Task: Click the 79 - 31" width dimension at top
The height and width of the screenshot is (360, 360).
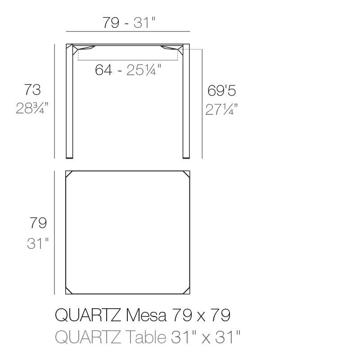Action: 129,22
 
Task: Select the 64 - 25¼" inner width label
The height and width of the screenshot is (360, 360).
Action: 128,70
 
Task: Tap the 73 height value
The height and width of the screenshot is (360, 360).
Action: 32,90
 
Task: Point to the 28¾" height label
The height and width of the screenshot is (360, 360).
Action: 32,108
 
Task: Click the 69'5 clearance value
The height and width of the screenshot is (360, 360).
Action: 221,90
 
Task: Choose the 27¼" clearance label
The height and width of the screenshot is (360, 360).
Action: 221,109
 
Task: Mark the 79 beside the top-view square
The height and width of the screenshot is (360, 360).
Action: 38,223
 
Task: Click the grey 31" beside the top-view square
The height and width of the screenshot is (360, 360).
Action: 38,243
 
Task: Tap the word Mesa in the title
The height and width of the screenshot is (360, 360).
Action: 146,315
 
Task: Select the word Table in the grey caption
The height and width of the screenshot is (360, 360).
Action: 146,337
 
